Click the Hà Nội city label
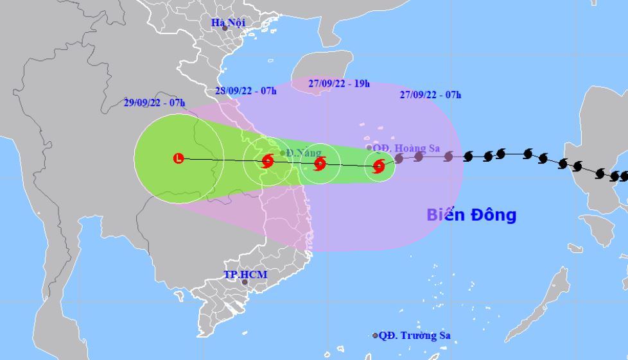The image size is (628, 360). [x=229, y=22]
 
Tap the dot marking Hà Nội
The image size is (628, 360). [x=225, y=28]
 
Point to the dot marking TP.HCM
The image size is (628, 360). [x=244, y=282]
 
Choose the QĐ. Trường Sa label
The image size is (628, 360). [x=410, y=335]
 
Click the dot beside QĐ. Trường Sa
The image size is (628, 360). [x=376, y=336]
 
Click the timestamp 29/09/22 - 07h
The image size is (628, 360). [x=154, y=102]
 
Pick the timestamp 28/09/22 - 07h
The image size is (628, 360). [x=247, y=90]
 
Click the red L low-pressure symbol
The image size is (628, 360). [x=179, y=158]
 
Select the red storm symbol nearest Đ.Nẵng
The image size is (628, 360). [x=267, y=162]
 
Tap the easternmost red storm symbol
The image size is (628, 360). [x=379, y=167]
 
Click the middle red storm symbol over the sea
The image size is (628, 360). [x=320, y=164]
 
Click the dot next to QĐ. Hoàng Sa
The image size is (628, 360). [x=369, y=148]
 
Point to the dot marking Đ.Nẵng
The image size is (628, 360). [x=283, y=153]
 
